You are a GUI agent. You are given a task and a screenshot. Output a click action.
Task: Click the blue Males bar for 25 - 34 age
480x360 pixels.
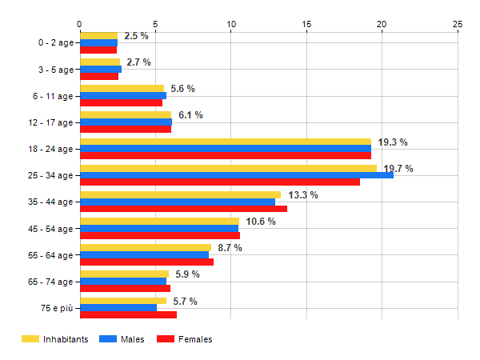point(236,174)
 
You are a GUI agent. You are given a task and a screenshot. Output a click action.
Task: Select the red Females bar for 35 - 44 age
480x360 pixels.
point(183,209)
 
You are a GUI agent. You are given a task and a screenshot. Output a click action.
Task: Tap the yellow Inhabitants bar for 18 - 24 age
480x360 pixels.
point(225,142)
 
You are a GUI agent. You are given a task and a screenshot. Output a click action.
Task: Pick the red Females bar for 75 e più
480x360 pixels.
point(128,314)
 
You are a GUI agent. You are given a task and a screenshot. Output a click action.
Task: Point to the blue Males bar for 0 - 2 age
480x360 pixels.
point(98,42)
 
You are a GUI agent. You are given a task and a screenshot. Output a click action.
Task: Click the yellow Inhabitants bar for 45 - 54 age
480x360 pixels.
point(159,221)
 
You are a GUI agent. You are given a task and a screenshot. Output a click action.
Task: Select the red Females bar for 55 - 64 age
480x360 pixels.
point(146,262)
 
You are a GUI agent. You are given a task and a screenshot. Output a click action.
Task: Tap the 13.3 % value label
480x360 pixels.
point(303,194)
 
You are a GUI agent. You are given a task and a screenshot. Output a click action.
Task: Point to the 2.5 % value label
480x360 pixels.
point(137,36)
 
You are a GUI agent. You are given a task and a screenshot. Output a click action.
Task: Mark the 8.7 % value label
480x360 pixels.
point(230,248)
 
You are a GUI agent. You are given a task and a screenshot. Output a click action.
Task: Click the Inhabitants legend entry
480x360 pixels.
point(54,339)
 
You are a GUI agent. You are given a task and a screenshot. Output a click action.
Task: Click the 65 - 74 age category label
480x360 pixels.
point(51,282)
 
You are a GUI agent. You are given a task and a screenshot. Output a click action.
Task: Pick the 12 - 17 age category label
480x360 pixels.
point(51,122)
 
